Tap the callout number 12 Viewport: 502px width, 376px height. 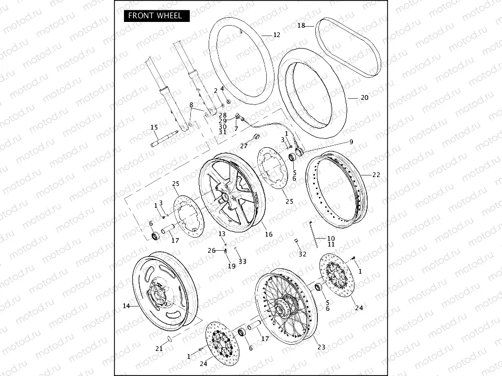pyautogui.click(x=277, y=35)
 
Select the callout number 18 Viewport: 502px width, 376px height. pyautogui.click(x=301, y=25)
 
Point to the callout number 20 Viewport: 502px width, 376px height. pyautogui.click(x=364, y=98)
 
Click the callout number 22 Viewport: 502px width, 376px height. pyautogui.click(x=376, y=175)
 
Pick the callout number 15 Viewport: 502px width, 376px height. pyautogui.click(x=154, y=127)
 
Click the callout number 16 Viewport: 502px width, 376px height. pyautogui.click(x=268, y=234)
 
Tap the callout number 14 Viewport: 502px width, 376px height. pyautogui.click(x=126, y=306)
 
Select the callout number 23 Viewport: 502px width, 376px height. pyautogui.click(x=321, y=347)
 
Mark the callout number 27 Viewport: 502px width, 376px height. pyautogui.click(x=244, y=146)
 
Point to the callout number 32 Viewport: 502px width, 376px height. pyautogui.click(x=302, y=254)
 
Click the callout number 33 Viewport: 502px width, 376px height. pyautogui.click(x=242, y=261)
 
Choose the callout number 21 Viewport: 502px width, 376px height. pyautogui.click(x=158, y=348)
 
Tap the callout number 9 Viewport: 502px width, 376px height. pyautogui.click(x=351, y=142)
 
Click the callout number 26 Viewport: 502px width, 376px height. pyautogui.click(x=211, y=251)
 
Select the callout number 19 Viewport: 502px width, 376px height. pyautogui.click(x=231, y=266)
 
